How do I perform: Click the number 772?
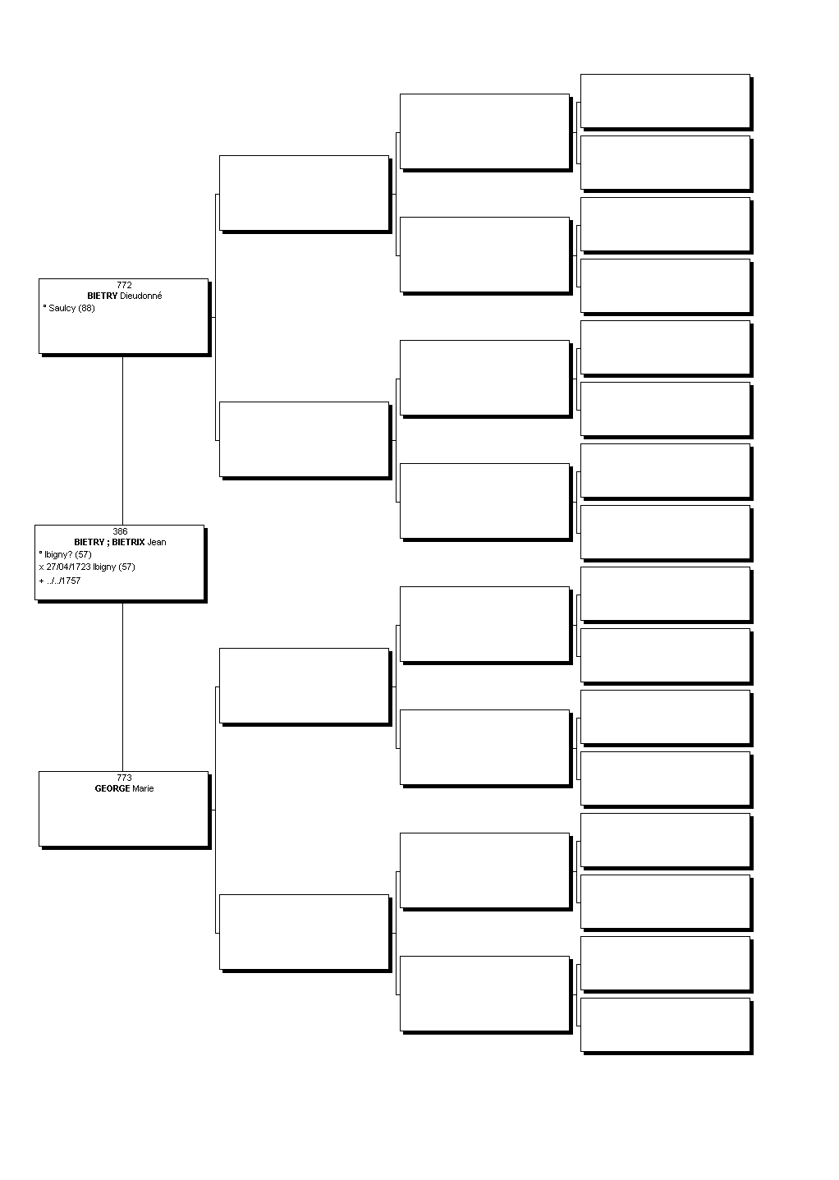point(124,285)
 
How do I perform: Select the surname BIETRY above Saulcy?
point(102,296)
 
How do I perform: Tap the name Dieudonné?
point(140,296)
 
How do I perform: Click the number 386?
point(120,531)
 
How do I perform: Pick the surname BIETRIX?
point(128,542)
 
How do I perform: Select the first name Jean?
point(157,542)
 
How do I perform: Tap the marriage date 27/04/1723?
point(68,567)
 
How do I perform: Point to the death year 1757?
point(71,581)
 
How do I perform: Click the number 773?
point(124,778)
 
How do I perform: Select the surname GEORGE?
point(112,788)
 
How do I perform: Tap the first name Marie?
point(143,788)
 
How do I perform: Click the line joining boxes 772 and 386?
point(122,441)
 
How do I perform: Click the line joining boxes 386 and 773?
point(122,687)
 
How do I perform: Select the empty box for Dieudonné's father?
point(305,193)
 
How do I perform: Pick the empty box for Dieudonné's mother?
point(305,439)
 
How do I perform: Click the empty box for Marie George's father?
point(305,686)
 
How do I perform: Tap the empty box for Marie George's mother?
point(305,932)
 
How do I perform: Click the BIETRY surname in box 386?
point(89,542)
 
